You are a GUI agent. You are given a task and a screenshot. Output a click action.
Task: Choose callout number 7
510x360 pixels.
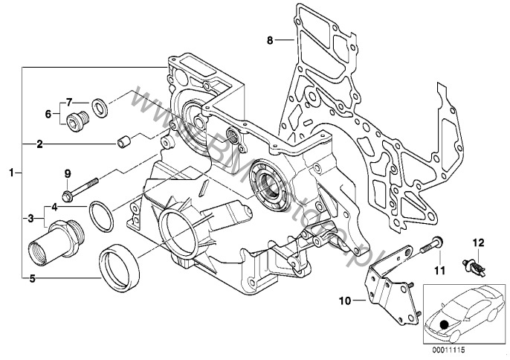coord(68,101)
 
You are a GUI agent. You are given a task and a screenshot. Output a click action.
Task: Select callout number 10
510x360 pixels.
coord(345,301)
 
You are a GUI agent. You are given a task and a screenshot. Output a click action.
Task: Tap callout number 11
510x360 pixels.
coord(439,269)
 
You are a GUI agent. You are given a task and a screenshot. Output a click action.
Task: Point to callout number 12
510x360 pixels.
coord(479,242)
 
